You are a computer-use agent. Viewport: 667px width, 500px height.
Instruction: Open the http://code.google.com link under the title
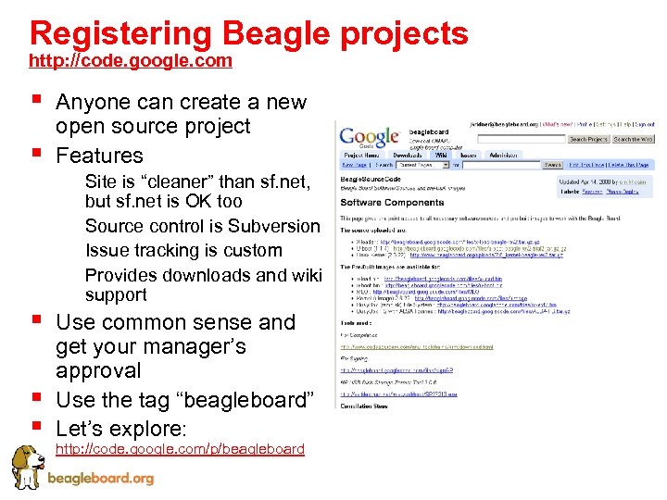131,61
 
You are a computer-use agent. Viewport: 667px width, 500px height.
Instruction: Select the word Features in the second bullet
99,155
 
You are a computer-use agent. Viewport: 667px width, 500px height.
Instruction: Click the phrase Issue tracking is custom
183,250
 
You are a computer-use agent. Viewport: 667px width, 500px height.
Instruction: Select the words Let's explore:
120,429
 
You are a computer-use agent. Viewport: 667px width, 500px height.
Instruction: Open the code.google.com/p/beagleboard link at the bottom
181,449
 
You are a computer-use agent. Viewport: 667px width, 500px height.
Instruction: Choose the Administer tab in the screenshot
506,156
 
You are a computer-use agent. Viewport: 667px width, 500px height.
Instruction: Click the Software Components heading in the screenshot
379,202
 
